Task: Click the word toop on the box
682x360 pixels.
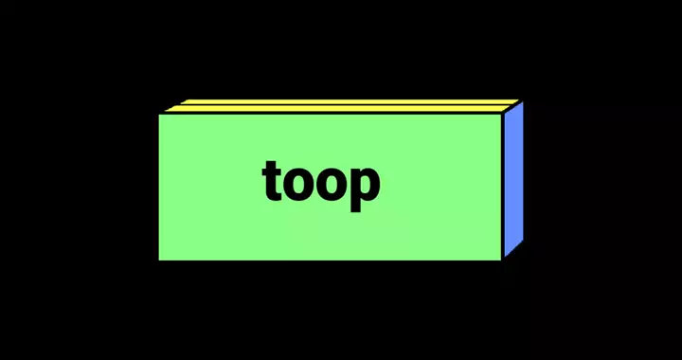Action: pos(321,186)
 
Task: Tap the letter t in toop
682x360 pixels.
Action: pos(270,181)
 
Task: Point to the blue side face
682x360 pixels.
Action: pos(513,179)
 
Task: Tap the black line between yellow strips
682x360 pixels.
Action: pos(345,105)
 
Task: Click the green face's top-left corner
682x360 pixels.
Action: pos(159,115)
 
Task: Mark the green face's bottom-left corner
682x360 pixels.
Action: pos(159,261)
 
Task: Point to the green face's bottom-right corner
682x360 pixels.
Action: pos(501,261)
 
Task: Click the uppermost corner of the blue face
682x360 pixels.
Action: pos(523,102)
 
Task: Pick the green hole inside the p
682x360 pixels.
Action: pos(366,185)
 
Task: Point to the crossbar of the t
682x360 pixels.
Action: pos(270,173)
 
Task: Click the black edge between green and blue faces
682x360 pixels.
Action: pos(503,186)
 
